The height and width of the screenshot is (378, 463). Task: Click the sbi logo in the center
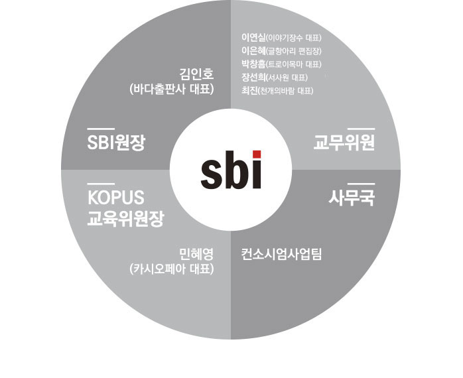[231, 170]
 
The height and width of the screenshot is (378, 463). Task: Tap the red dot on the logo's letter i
[256, 155]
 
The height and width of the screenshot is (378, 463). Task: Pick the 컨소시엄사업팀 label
[281, 253]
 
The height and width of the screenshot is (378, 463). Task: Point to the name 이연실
[253, 37]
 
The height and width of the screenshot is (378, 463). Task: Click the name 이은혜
[253, 50]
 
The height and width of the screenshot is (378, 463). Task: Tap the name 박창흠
[253, 64]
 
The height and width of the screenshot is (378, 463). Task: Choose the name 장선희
[253, 77]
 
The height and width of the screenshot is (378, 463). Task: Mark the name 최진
[248, 90]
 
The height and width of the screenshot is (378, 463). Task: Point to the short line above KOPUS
[101, 182]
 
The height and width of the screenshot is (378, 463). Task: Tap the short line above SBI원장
[101, 126]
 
